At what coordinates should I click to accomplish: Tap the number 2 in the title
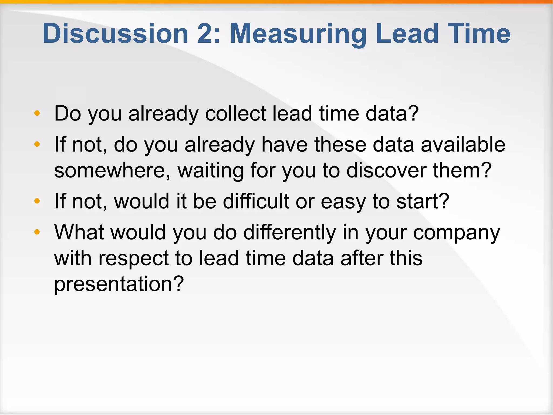[206, 34]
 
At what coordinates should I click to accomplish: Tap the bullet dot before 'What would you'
[37, 232]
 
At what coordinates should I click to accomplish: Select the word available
[463, 145]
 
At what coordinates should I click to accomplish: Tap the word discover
[386, 170]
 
